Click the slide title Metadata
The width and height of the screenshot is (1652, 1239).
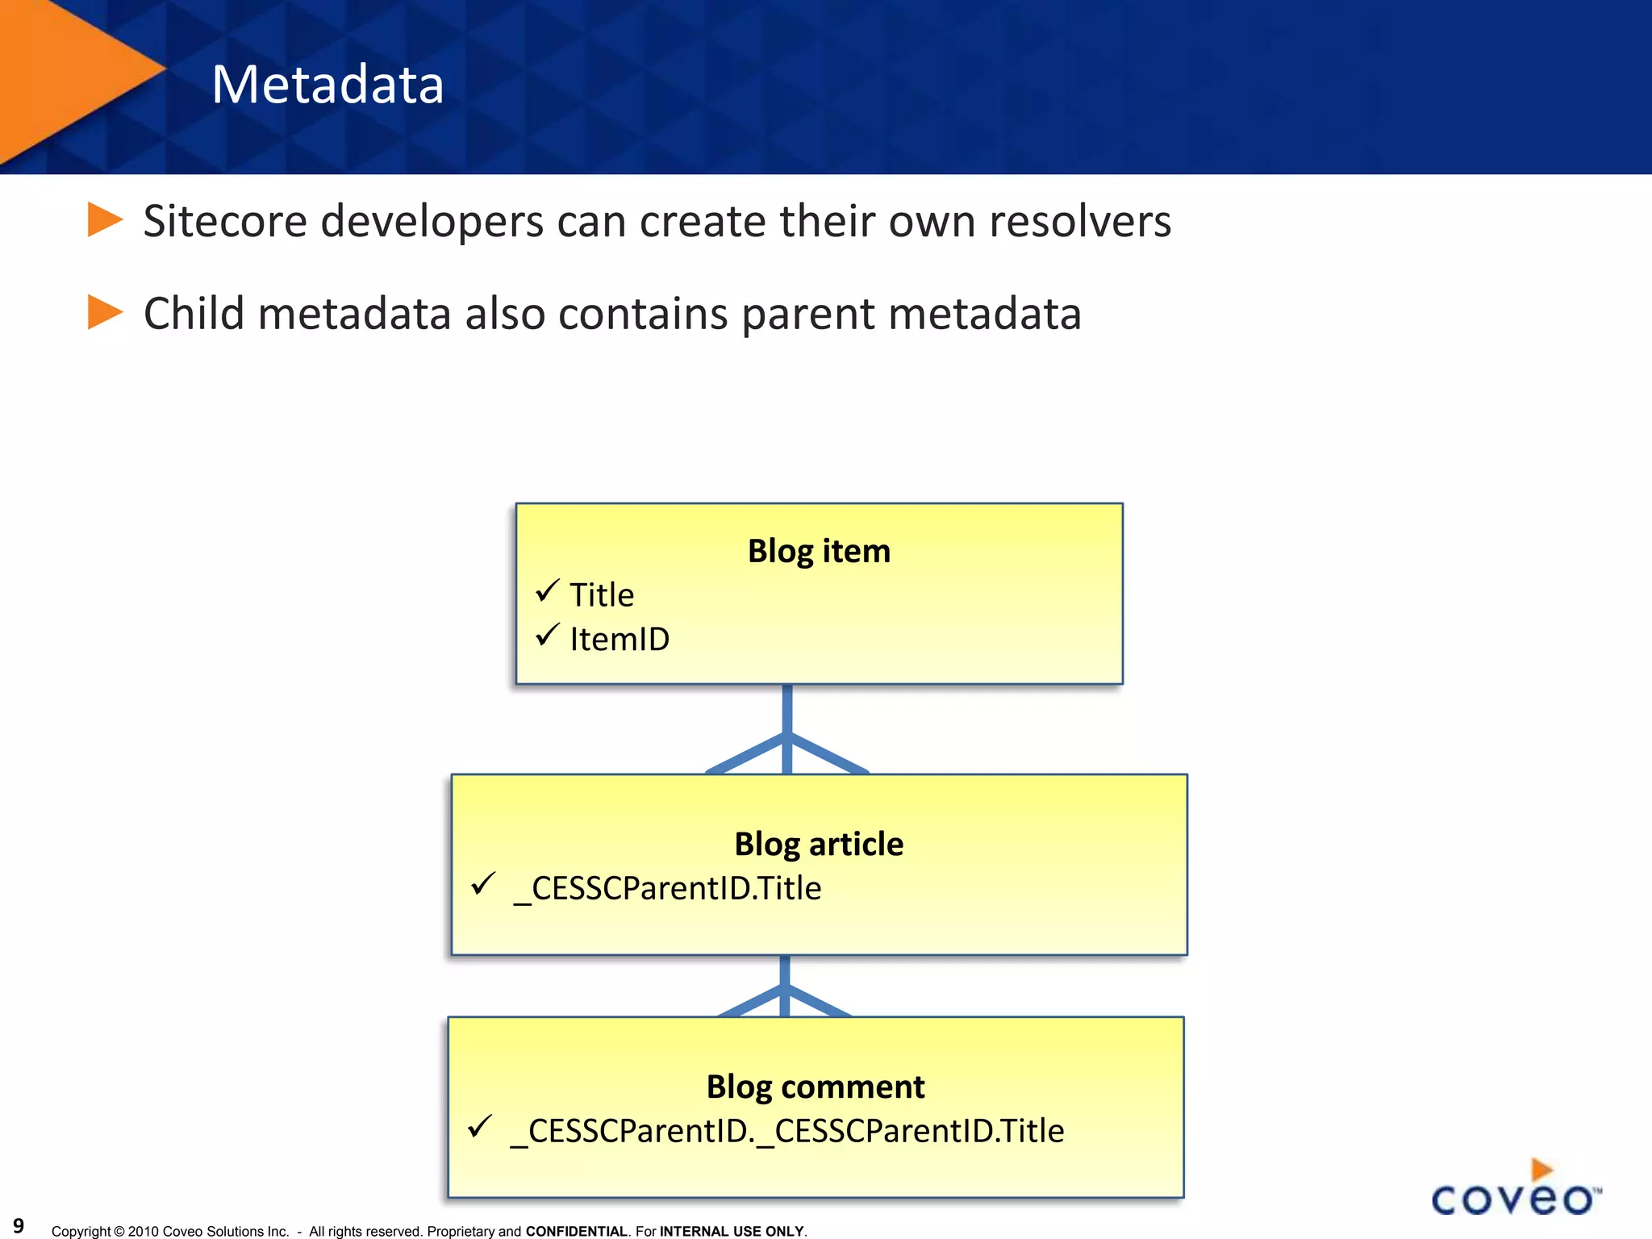click(327, 85)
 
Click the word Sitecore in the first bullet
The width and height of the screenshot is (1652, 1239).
click(225, 222)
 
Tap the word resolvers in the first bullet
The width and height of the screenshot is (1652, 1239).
click(1079, 222)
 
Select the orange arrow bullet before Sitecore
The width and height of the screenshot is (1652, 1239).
click(104, 220)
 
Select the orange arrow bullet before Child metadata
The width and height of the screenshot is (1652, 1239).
click(104, 312)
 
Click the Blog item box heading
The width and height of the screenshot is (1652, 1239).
click(819, 551)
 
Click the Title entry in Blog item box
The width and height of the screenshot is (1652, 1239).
click(602, 595)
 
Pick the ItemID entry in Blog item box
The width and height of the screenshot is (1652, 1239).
click(619, 640)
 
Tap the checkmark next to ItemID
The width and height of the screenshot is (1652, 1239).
click(547, 636)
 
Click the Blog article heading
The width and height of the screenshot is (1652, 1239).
click(819, 844)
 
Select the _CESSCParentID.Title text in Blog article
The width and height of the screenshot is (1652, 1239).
click(668, 889)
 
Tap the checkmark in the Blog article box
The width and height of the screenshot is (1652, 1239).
click(482, 884)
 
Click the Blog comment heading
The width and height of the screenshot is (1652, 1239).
click(816, 1087)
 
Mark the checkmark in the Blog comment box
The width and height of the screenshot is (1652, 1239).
click(479, 1126)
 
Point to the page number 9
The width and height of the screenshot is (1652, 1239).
click(19, 1226)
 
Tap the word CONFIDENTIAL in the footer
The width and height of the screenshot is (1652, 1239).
click(576, 1232)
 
